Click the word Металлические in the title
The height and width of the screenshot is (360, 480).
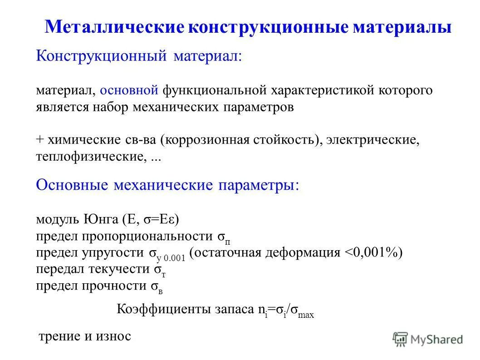click(114, 27)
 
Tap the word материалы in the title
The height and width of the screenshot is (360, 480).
click(402, 27)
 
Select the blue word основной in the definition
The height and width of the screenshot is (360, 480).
click(129, 90)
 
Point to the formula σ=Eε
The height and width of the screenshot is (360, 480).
click(159, 220)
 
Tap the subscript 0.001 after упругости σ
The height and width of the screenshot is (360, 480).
click(175, 257)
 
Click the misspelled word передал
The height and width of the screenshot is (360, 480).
click(58, 269)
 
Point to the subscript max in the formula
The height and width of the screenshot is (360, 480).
click(307, 314)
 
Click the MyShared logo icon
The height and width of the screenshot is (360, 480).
click(401, 339)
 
